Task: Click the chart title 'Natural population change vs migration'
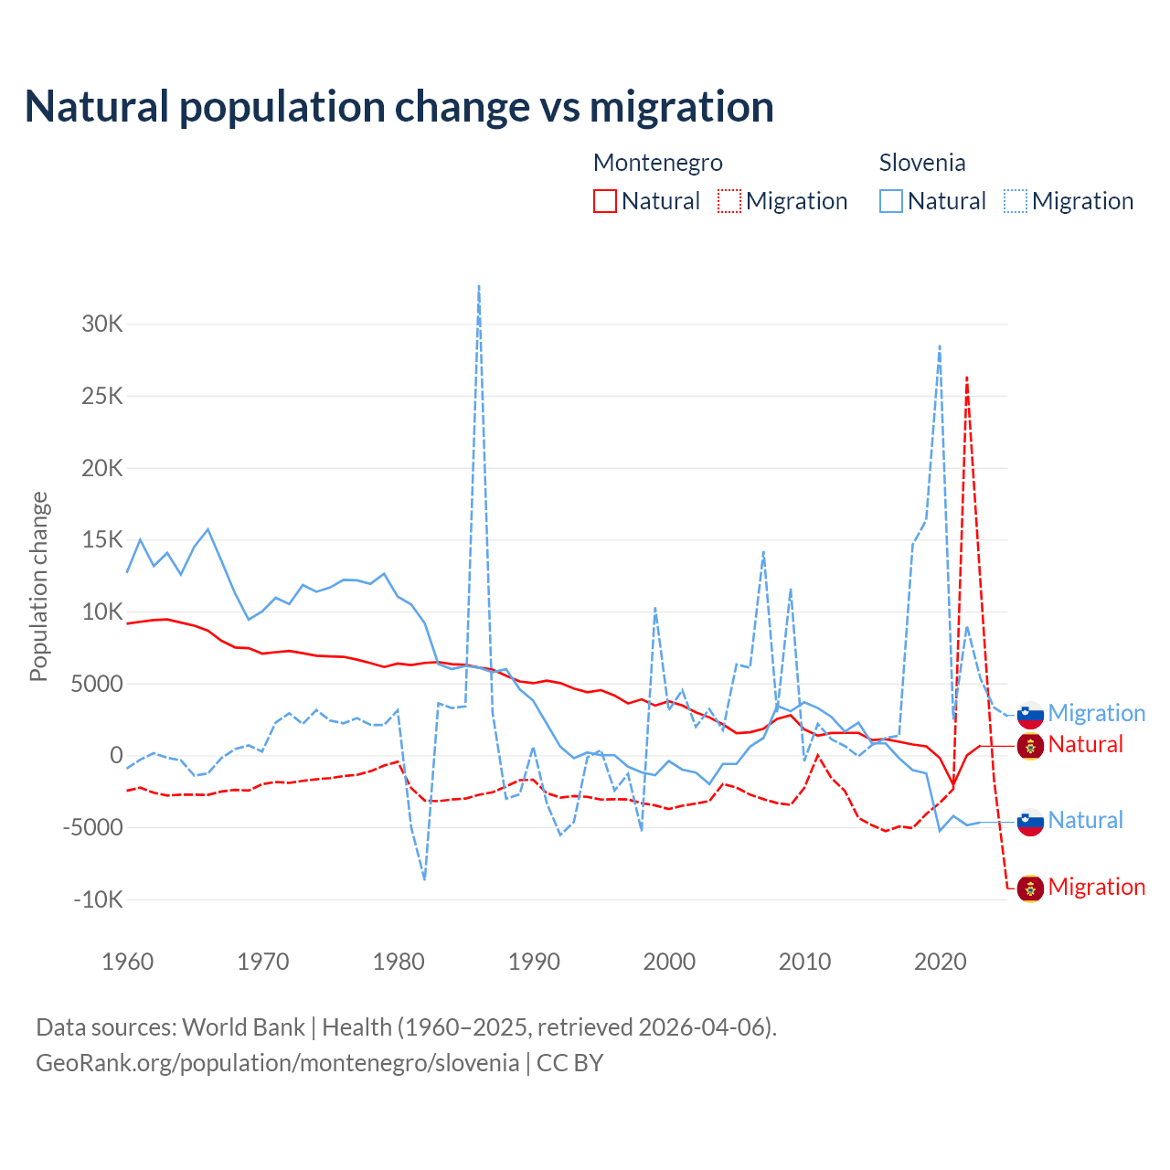click(x=399, y=107)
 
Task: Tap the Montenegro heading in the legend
click(x=658, y=163)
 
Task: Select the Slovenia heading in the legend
click(x=922, y=163)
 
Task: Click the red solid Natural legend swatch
click(x=605, y=201)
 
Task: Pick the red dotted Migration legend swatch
click(x=729, y=201)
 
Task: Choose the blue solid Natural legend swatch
click(x=891, y=201)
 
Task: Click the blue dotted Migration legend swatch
click(x=1016, y=201)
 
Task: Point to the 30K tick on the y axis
click(x=102, y=324)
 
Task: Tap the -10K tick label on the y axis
click(x=99, y=899)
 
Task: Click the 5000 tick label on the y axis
click(x=97, y=684)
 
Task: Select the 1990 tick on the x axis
click(x=534, y=962)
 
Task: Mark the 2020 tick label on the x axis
click(x=941, y=962)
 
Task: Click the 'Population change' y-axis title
click(x=38, y=586)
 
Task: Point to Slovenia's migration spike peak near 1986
click(x=479, y=287)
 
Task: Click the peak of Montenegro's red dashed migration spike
click(x=967, y=377)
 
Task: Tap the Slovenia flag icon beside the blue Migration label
click(x=1030, y=714)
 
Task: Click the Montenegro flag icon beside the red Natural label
click(x=1030, y=746)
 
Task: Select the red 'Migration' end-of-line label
click(x=1096, y=887)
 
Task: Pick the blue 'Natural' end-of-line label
click(x=1085, y=820)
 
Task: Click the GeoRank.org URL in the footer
click(x=277, y=1063)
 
